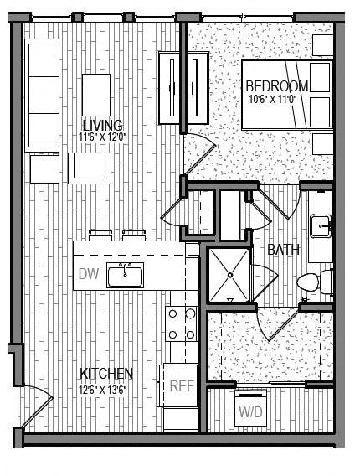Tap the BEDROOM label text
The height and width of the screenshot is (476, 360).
pyautogui.click(x=278, y=85)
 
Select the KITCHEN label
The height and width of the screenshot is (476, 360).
pyautogui.click(x=106, y=373)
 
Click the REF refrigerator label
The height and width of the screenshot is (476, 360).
pyautogui.click(x=182, y=386)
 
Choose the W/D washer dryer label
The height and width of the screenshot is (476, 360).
pyautogui.click(x=249, y=412)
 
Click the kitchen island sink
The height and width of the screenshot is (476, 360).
pyautogui.click(x=126, y=274)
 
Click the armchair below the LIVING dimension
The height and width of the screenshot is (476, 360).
pyautogui.click(x=88, y=166)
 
